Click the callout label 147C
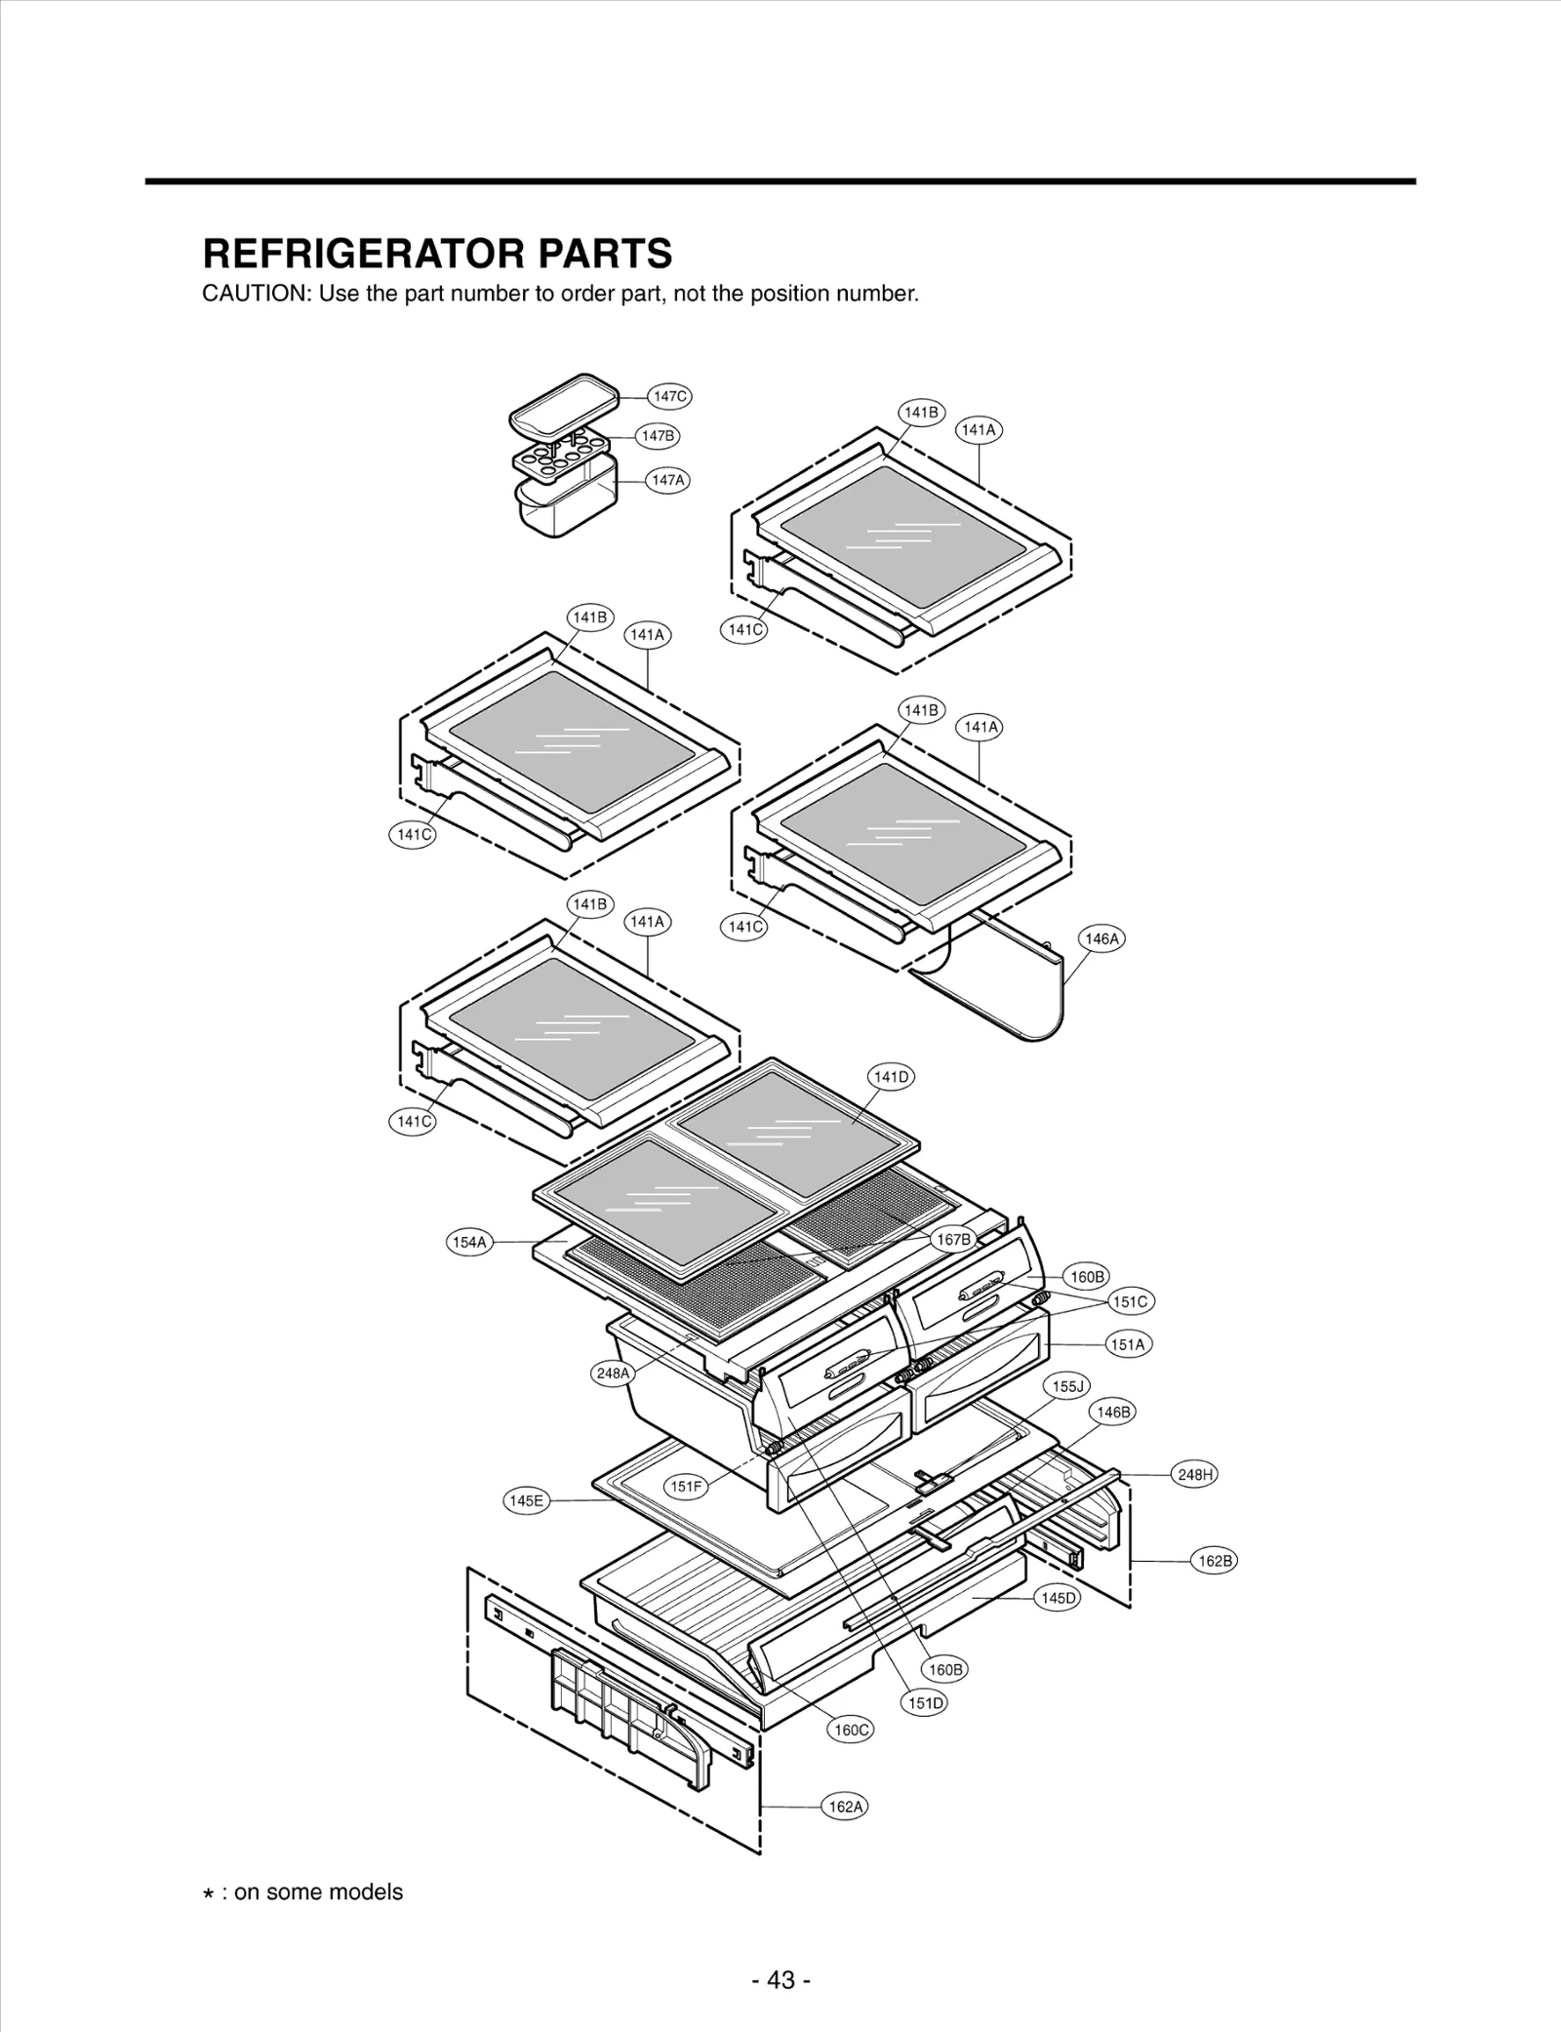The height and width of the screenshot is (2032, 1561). tap(669, 396)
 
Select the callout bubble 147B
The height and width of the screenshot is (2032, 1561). tap(658, 436)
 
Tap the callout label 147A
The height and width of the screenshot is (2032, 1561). tap(668, 480)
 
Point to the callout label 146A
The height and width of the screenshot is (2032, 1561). tap(1101, 938)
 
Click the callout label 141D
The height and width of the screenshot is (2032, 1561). tap(891, 1077)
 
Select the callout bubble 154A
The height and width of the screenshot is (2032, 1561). tap(469, 1242)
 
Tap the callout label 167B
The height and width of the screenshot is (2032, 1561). tap(953, 1239)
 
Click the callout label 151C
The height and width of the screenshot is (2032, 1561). tap(1131, 1301)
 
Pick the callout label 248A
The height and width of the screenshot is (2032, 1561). tap(614, 1374)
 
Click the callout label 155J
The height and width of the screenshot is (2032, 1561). tap(1067, 1385)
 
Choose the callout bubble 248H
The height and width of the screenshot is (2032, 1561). tap(1194, 1474)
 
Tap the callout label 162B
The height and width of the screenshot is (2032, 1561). tap(1215, 1561)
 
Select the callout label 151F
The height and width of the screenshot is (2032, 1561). tap(686, 1486)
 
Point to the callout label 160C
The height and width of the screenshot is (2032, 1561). tap(851, 1730)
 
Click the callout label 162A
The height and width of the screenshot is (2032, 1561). tap(846, 1807)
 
